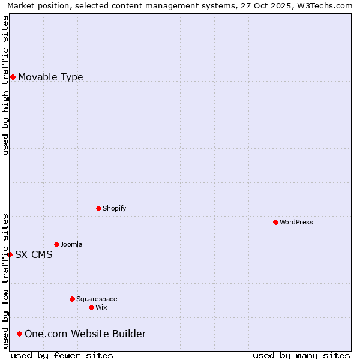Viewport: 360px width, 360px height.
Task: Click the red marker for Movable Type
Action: (x=13, y=77)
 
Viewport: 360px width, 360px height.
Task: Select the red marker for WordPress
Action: (x=275, y=222)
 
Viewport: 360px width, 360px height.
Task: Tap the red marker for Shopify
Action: (x=98, y=208)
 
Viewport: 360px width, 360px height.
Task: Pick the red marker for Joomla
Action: (x=56, y=244)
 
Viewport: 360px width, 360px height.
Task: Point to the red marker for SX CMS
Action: (x=10, y=254)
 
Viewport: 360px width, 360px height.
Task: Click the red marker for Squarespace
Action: (x=72, y=299)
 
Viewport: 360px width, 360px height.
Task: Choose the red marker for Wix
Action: (x=91, y=307)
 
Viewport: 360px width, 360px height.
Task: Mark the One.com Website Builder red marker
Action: (x=20, y=334)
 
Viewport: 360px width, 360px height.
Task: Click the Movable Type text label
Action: (x=50, y=77)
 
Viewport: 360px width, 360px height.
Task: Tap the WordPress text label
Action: (x=296, y=222)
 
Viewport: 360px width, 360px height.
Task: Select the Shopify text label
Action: (x=115, y=208)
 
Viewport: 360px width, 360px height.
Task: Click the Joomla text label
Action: (x=71, y=244)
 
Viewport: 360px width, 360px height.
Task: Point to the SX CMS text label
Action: (x=34, y=254)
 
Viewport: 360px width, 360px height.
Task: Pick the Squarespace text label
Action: (x=97, y=299)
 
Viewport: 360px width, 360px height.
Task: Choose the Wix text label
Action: (x=101, y=307)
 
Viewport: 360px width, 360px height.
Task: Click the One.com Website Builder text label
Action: (x=85, y=334)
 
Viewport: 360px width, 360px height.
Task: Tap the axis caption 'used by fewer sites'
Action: (x=62, y=355)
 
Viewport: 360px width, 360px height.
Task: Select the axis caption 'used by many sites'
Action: (x=301, y=355)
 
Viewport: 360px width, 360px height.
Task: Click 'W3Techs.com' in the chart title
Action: (x=327, y=5)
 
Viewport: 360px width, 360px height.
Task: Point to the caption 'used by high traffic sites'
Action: (x=5, y=85)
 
